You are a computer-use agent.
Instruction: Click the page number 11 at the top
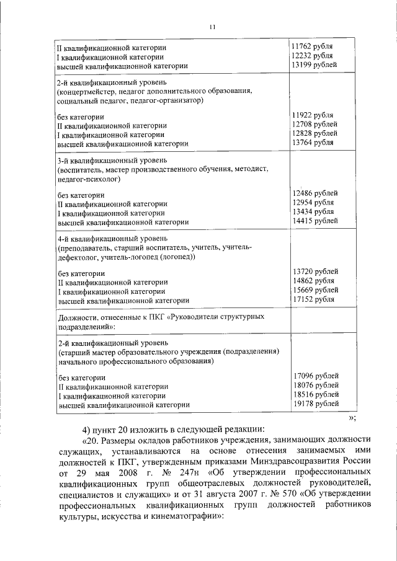coord(212,27)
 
